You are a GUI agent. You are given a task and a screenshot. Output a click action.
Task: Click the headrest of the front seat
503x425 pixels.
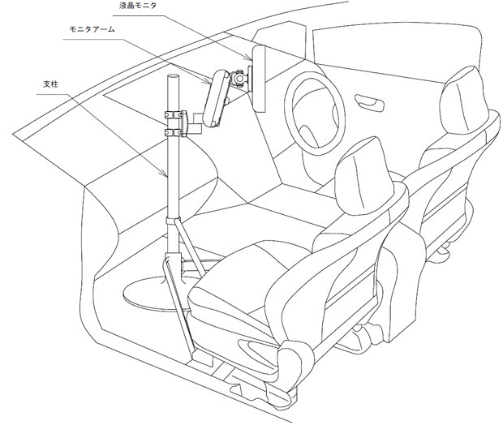tap(358, 166)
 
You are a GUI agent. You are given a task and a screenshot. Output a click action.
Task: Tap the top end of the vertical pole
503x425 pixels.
tap(172, 78)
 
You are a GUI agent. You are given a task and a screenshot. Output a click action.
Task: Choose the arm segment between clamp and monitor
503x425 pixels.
tap(197, 122)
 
